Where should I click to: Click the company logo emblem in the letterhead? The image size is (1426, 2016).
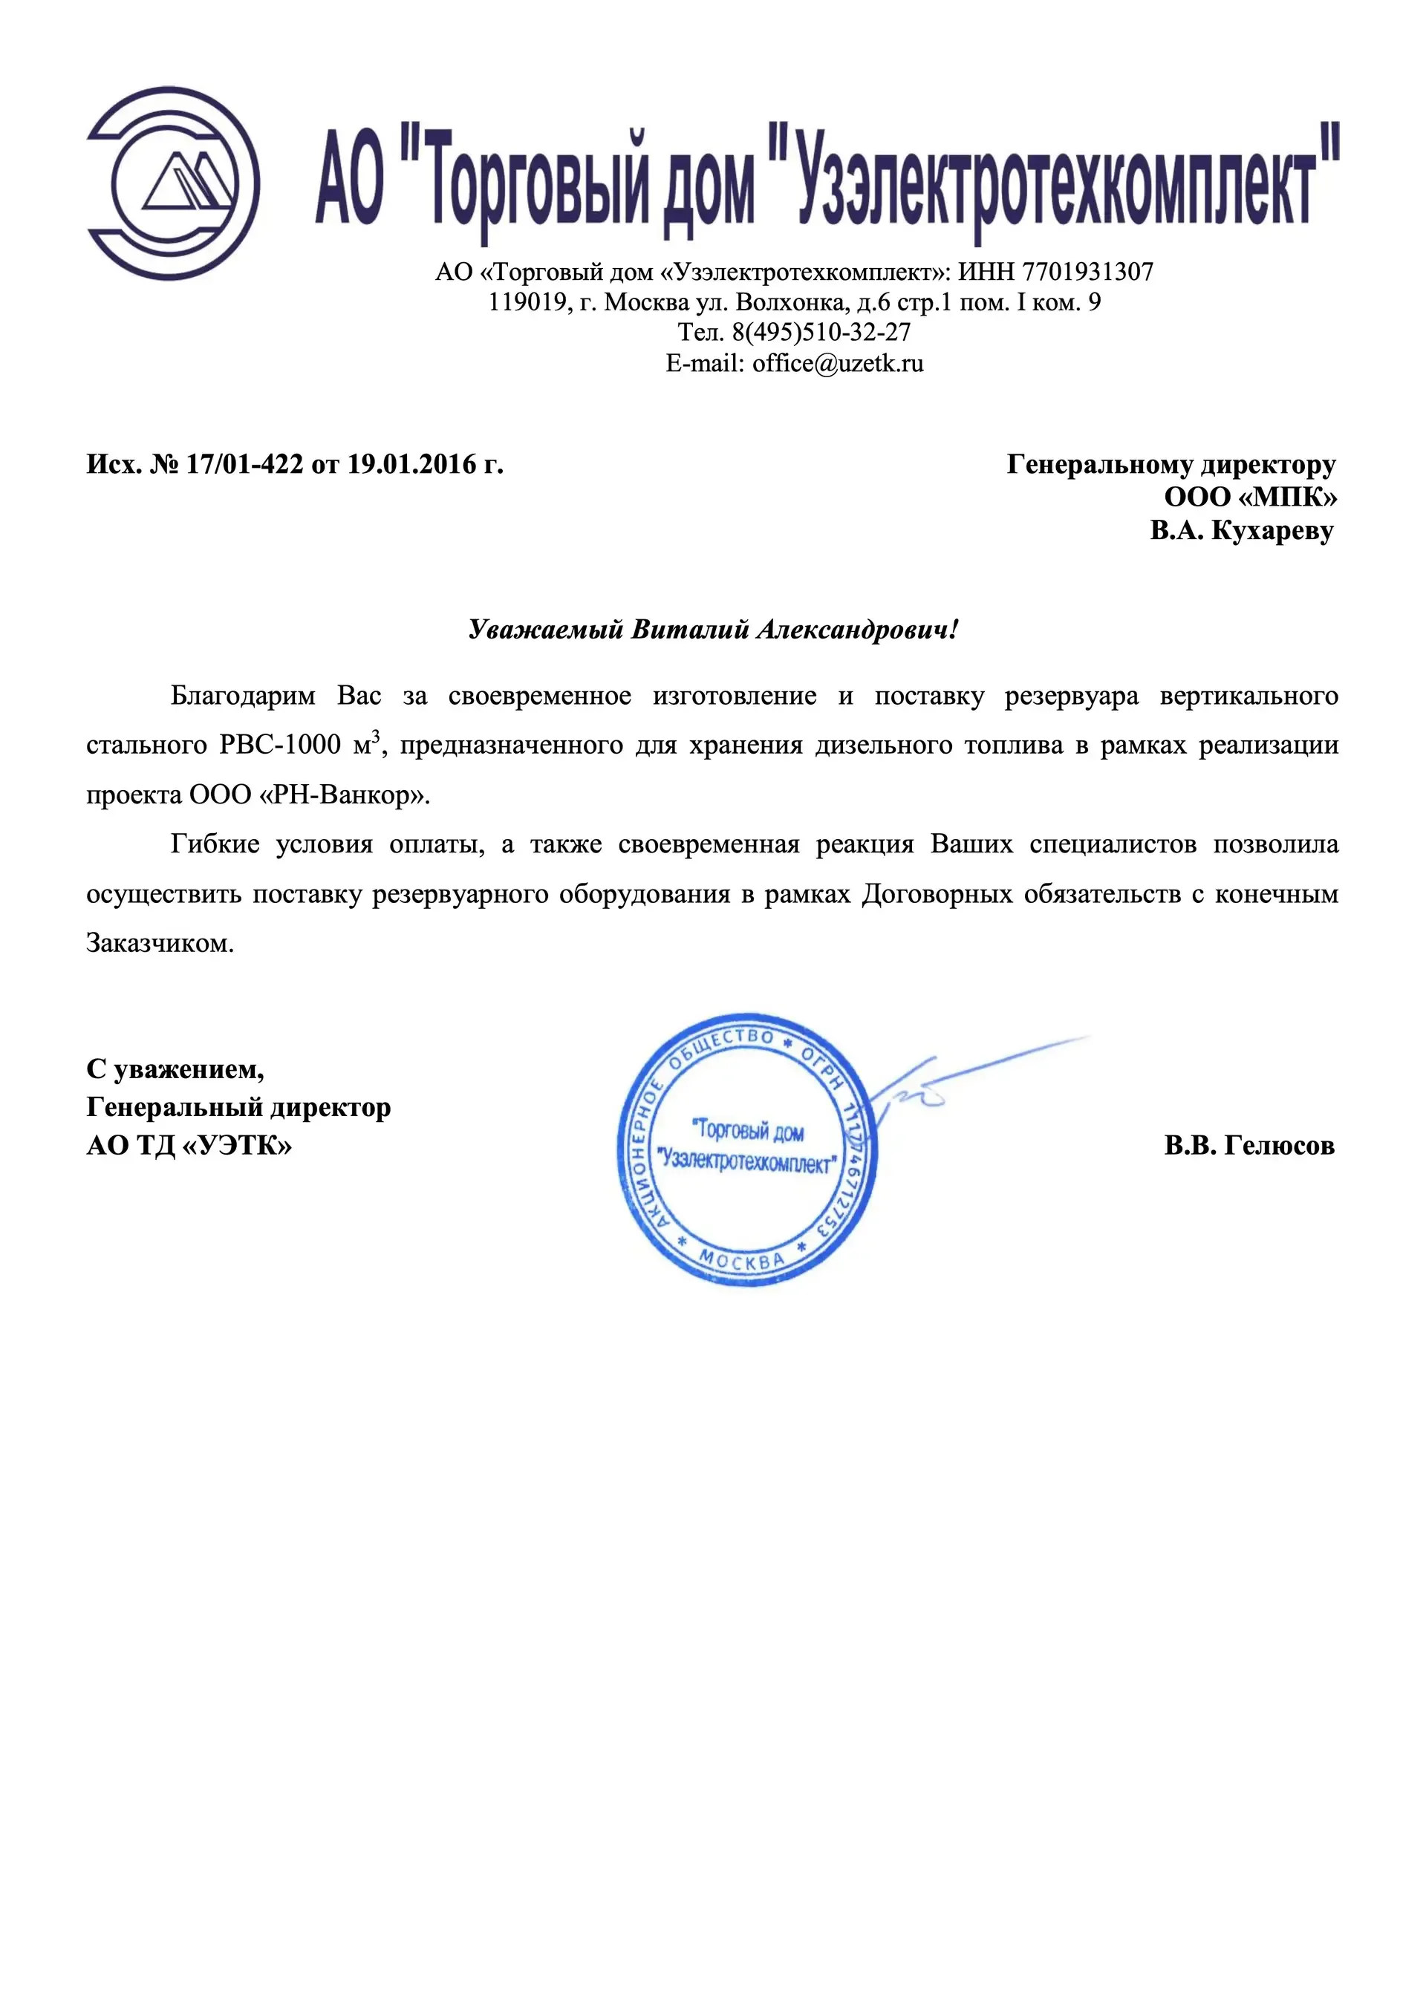(173, 183)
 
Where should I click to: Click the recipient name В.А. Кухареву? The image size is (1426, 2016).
(1242, 530)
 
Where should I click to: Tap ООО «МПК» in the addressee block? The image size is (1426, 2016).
(1251, 497)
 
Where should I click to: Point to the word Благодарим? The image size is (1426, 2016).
(242, 697)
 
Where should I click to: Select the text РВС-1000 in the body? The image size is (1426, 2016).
(279, 746)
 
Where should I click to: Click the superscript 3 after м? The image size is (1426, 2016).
(376, 737)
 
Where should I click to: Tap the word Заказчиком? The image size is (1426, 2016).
(160, 944)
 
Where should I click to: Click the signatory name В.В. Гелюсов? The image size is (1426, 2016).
(1248, 1145)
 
